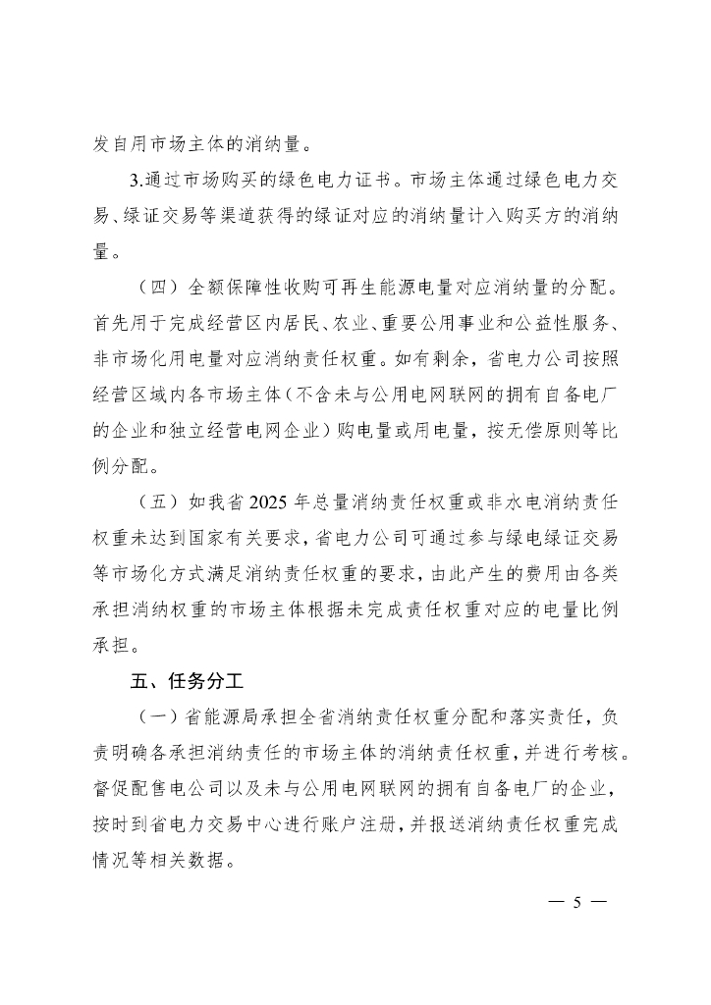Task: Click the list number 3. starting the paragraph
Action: pyautogui.click(x=137, y=181)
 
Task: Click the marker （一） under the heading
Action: pyautogui.click(x=157, y=715)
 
